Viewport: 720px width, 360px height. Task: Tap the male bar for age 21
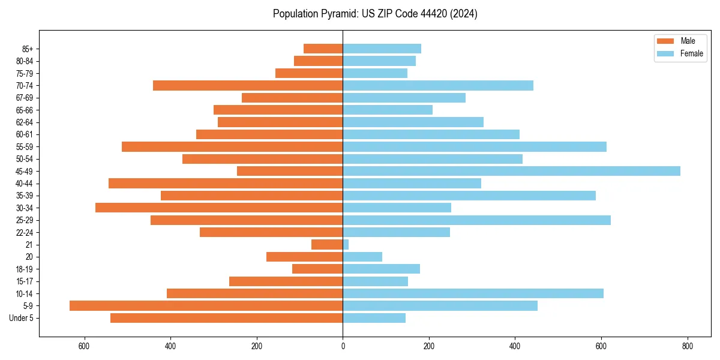pyautogui.click(x=327, y=245)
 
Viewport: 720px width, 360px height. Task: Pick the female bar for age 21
pyautogui.click(x=346, y=245)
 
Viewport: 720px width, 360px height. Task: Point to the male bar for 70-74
pyautogui.click(x=248, y=85)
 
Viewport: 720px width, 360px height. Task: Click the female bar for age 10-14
pyautogui.click(x=473, y=293)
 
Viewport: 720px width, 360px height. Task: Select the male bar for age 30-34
pyautogui.click(x=219, y=208)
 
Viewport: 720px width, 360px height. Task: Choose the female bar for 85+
pyautogui.click(x=382, y=49)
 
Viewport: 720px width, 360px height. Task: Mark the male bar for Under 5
pyautogui.click(x=226, y=318)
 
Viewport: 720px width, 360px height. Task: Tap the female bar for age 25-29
pyautogui.click(x=476, y=220)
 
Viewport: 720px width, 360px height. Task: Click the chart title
pyautogui.click(x=375, y=14)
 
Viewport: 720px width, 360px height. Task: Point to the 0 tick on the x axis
pyautogui.click(x=343, y=346)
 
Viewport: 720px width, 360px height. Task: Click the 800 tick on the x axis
pyautogui.click(x=688, y=346)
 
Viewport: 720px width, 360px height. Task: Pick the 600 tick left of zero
pyautogui.click(x=84, y=346)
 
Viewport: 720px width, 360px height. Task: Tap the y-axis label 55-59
pyautogui.click(x=25, y=146)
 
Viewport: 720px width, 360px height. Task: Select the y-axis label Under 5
pyautogui.click(x=22, y=318)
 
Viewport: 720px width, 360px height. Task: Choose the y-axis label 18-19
pyautogui.click(x=25, y=269)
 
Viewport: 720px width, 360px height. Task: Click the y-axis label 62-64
pyautogui.click(x=25, y=122)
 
